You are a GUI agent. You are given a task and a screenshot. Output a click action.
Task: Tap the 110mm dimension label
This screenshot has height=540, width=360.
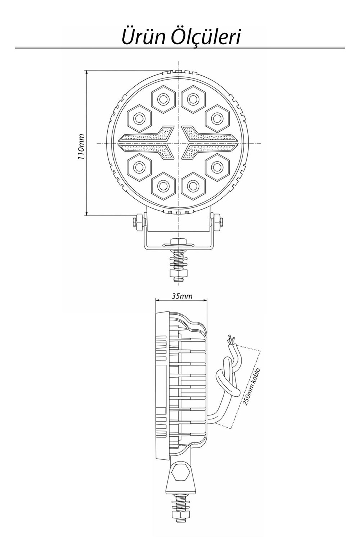81,147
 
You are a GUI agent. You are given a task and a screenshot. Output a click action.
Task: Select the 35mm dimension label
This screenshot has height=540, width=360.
182,296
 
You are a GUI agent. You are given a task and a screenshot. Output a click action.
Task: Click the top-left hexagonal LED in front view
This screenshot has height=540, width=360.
139,118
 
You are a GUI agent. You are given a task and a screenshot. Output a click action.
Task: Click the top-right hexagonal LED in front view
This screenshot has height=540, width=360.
216,118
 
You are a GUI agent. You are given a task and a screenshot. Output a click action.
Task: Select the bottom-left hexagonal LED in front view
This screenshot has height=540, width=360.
139,167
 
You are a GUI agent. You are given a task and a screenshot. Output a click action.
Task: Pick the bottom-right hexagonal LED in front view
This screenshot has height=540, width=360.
216,167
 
